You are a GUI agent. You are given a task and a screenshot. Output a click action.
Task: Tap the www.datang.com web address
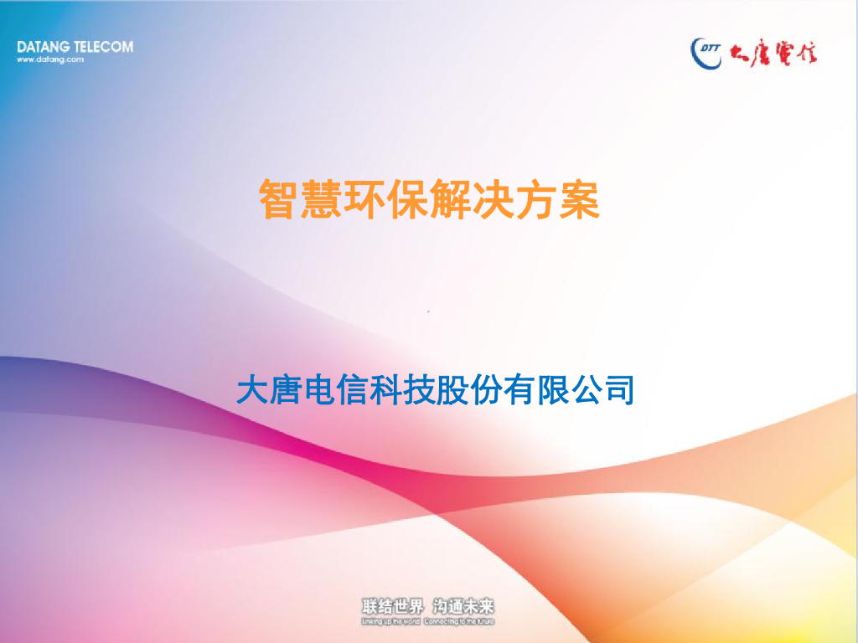(x=50, y=59)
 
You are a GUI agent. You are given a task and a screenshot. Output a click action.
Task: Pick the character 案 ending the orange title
(x=579, y=201)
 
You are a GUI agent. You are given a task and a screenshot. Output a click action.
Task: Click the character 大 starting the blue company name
(x=253, y=390)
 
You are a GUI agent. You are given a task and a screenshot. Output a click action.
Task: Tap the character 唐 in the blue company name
(x=287, y=390)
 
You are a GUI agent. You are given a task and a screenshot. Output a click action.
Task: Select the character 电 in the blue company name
(x=321, y=390)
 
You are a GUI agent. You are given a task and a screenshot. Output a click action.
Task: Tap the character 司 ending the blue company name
(x=618, y=390)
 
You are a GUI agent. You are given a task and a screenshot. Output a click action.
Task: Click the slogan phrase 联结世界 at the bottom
(x=392, y=607)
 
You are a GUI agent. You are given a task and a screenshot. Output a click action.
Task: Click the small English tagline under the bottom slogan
(x=427, y=622)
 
